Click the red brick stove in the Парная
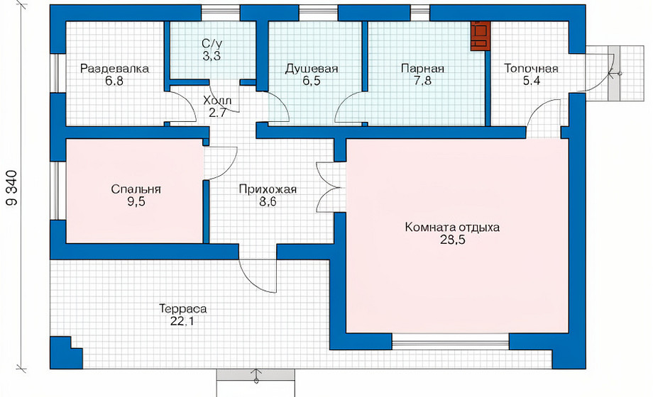coord(481,35)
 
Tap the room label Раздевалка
coord(114,68)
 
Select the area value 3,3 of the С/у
coord(212,56)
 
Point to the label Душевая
coord(312,69)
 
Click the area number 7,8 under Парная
coord(423,81)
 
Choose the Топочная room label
coord(531,68)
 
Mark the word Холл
coord(217,100)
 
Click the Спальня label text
coord(136,189)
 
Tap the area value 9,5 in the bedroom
coord(136,202)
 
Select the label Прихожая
coord(268,189)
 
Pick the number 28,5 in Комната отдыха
coord(453,240)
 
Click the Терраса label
coord(183,309)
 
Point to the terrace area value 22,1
coord(182,321)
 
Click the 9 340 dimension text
coord(12,188)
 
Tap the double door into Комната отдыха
coord(331,187)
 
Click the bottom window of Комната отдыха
coord(451,341)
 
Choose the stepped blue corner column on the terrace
coord(66,352)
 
